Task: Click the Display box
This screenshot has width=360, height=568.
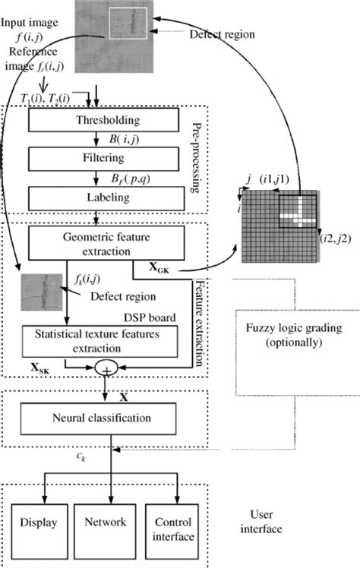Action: (x=37, y=523)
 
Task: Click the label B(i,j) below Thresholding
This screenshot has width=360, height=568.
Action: (x=118, y=140)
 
